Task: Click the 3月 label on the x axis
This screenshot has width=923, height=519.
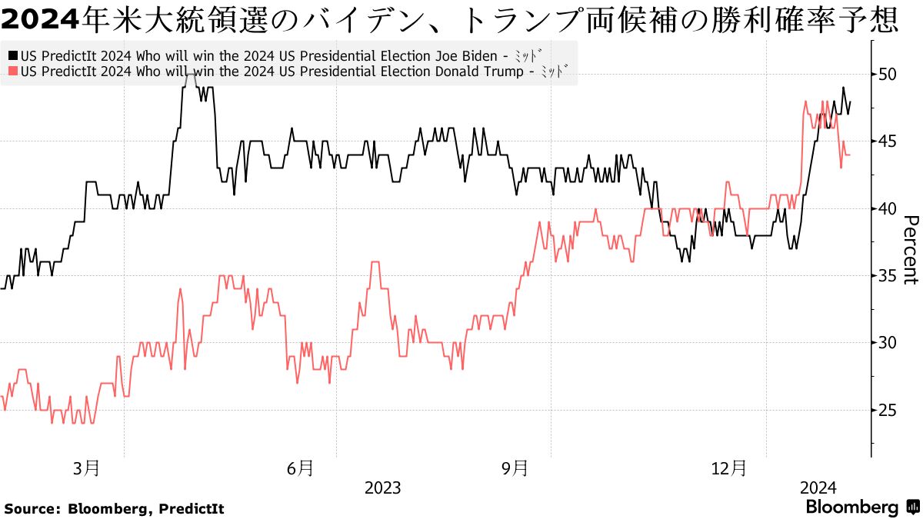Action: point(86,467)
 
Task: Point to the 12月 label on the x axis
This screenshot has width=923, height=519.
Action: point(728,467)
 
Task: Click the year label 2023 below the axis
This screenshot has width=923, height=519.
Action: point(382,487)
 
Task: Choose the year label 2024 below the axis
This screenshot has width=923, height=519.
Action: point(818,487)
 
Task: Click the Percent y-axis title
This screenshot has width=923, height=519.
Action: point(909,250)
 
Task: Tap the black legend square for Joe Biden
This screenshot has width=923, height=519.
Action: point(13,56)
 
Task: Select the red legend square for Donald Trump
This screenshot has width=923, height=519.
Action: point(13,72)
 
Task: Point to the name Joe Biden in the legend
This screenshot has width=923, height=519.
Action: point(471,56)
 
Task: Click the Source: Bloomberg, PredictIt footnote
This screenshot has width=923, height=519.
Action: point(114,508)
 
